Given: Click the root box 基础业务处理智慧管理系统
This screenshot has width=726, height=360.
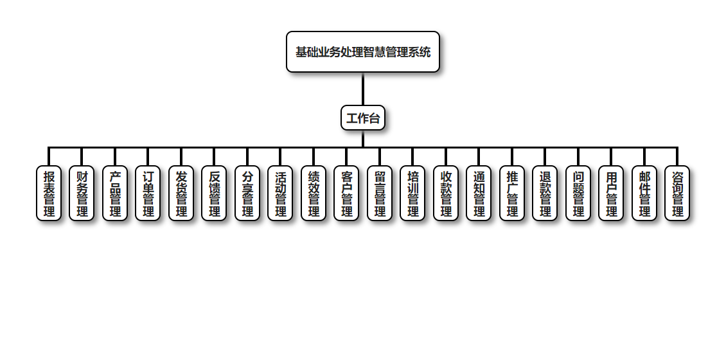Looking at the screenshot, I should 363,52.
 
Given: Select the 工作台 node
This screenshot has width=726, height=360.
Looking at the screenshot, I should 363,118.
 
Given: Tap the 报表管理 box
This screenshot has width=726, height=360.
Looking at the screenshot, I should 49,194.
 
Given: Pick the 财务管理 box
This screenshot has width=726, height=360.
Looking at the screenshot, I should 82,194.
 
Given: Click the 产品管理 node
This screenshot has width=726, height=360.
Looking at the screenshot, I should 115,194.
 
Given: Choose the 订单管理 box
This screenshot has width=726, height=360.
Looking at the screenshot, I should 148,194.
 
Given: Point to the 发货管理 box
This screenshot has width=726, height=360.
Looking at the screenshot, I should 181,194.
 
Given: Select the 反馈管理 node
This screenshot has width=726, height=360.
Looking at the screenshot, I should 214,194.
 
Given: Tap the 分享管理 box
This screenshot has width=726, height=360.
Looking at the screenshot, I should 247,194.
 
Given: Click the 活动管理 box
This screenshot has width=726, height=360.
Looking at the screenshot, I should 280,194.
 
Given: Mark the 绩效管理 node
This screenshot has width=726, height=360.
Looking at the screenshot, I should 314,194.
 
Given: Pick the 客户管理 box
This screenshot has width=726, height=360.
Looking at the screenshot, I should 346,194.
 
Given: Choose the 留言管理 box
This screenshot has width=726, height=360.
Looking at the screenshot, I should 380,194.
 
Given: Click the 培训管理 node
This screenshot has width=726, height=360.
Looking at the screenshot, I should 412,194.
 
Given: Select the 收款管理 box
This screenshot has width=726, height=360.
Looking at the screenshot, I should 446,194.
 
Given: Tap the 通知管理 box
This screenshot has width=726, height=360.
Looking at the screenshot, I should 479,194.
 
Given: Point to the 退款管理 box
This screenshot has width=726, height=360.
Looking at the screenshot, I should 545,194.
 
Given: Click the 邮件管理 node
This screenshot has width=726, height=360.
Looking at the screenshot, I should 644,194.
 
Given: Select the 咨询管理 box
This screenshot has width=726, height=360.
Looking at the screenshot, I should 677,194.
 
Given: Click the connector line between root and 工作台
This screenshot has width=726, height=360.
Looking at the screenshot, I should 363,89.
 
